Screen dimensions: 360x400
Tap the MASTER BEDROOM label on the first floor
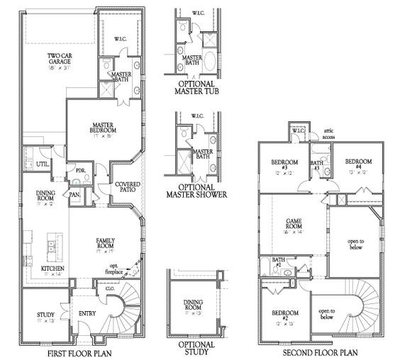[103, 128]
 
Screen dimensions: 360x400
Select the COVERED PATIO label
[128, 188]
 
